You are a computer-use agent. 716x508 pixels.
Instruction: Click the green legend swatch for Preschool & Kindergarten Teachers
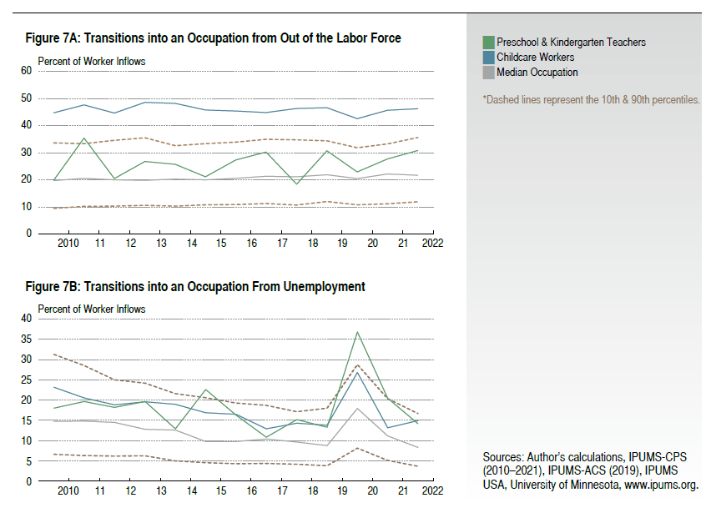[x=488, y=42]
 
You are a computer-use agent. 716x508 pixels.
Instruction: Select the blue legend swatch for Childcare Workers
[x=488, y=57]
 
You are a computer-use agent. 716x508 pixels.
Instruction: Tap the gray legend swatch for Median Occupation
[x=488, y=73]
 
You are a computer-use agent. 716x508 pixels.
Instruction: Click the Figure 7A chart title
[x=213, y=38]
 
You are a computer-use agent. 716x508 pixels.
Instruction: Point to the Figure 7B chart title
[x=194, y=286]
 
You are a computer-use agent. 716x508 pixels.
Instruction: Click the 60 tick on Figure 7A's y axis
[x=25, y=71]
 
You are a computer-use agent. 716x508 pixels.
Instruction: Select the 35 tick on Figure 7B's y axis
[x=25, y=339]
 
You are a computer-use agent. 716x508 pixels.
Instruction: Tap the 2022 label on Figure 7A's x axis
[x=433, y=243]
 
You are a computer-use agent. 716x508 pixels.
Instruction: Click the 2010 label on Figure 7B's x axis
[x=69, y=490]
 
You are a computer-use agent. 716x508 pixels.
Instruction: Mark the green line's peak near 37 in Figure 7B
[x=357, y=332]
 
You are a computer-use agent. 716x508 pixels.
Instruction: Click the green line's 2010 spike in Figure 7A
[x=84, y=138]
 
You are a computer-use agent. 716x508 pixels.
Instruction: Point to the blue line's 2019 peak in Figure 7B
[x=357, y=372]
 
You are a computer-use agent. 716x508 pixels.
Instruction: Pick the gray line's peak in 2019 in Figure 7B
[x=357, y=408]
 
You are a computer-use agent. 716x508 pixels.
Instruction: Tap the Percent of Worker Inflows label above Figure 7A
[x=92, y=62]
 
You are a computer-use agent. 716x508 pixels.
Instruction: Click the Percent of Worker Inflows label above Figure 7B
[x=92, y=309]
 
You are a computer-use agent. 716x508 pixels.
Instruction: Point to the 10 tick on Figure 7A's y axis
[x=25, y=206]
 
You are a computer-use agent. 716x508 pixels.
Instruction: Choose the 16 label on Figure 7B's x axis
[x=251, y=490]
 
